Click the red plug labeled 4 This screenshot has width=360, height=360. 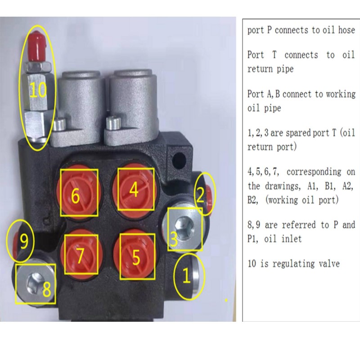click(x=135, y=189)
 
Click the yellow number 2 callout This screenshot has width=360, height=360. click(x=200, y=195)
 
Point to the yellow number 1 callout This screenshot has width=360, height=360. click(x=186, y=275)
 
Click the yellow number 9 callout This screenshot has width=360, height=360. click(x=24, y=241)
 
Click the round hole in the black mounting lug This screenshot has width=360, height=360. click(x=179, y=158)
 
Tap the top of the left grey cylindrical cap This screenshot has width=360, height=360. click(x=81, y=75)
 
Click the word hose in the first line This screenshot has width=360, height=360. click(x=346, y=30)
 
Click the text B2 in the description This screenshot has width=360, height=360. click(x=252, y=200)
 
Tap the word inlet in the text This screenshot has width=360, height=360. click(x=292, y=239)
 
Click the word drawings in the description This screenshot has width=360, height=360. click(x=283, y=186)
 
